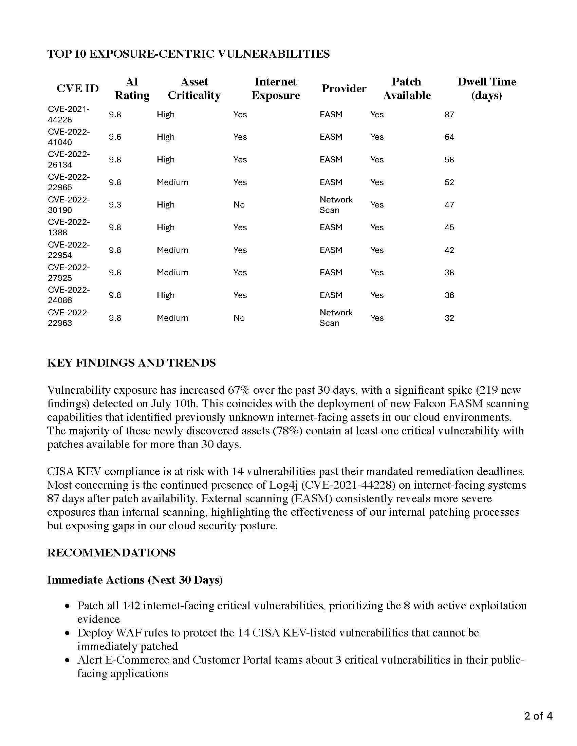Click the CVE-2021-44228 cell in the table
pyautogui.click(x=68, y=114)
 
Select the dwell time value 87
pyautogui.click(x=449, y=114)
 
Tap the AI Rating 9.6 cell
pyautogui.click(x=115, y=137)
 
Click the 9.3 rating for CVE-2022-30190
pyautogui.click(x=115, y=204)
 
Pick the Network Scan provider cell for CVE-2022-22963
pyautogui.click(x=336, y=318)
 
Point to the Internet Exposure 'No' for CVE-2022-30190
pyautogui.click(x=239, y=204)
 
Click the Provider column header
pyautogui.click(x=344, y=89)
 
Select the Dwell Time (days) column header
pyautogui.click(x=486, y=89)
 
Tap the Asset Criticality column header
pyautogui.click(x=194, y=89)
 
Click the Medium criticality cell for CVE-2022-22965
pyautogui.click(x=172, y=182)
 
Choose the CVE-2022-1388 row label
pyautogui.click(x=68, y=227)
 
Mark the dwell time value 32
pyautogui.click(x=449, y=318)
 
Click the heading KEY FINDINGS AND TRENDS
pyautogui.click(x=132, y=363)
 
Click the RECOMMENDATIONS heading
pyautogui.click(x=111, y=553)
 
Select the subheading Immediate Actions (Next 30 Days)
pyautogui.click(x=135, y=580)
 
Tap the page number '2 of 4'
pyautogui.click(x=538, y=715)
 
